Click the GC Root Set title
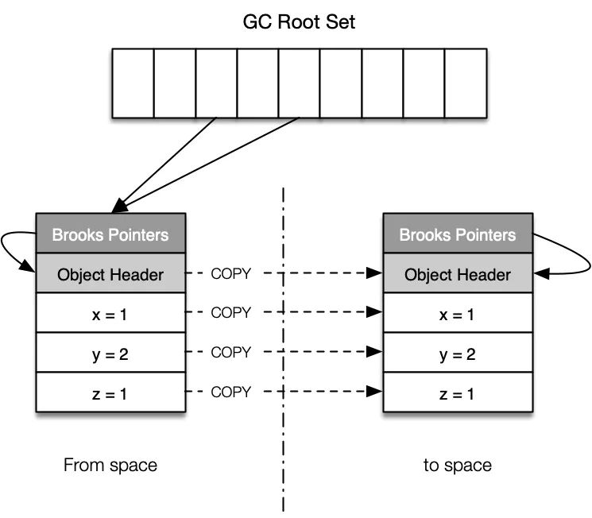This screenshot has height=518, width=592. tap(299, 21)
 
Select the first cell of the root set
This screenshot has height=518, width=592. tap(133, 83)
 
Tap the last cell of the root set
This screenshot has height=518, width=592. tap(465, 83)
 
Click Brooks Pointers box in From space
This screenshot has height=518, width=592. tap(110, 235)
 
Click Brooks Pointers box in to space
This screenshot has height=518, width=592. tap(457, 235)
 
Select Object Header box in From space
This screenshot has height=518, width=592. tap(110, 275)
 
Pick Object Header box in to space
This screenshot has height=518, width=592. tap(457, 275)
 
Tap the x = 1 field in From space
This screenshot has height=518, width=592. tap(110, 315)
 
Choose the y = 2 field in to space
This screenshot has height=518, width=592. tap(457, 354)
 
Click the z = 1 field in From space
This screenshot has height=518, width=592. tap(110, 392)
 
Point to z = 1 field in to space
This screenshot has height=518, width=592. tap(457, 392)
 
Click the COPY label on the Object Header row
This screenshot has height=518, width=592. tap(231, 274)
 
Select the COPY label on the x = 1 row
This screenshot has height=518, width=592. tap(231, 313)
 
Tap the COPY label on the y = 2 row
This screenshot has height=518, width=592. tap(231, 352)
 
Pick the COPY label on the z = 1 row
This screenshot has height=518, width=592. tap(231, 392)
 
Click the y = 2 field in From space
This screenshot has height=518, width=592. tap(110, 354)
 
